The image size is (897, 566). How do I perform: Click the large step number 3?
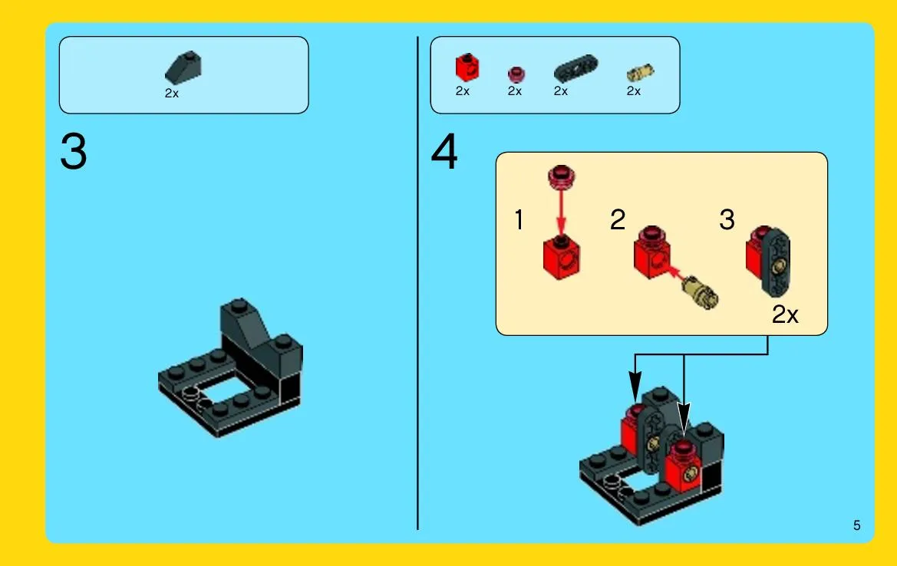pyautogui.click(x=73, y=152)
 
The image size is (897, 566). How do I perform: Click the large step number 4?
pyautogui.click(x=444, y=152)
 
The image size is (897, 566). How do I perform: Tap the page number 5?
pyautogui.click(x=856, y=525)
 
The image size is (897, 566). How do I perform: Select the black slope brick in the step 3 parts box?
pyautogui.click(x=183, y=67)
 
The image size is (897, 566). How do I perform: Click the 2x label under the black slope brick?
pyautogui.click(x=172, y=94)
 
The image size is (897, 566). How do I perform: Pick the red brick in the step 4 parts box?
pyautogui.click(x=467, y=67)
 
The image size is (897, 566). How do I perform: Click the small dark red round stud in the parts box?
pyautogui.click(x=516, y=74)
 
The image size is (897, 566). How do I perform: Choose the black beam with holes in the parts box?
pyautogui.click(x=575, y=68)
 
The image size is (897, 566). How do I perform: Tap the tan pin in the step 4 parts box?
pyautogui.click(x=640, y=73)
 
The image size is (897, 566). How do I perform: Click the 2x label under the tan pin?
pyautogui.click(x=633, y=91)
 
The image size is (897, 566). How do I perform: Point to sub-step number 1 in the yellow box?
pyautogui.click(x=519, y=219)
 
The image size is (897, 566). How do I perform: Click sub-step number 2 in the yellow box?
pyautogui.click(x=618, y=219)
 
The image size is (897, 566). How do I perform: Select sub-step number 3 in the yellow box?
pyautogui.click(x=727, y=219)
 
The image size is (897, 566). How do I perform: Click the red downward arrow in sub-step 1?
pyautogui.click(x=561, y=212)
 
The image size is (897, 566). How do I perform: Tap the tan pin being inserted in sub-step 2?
pyautogui.click(x=701, y=291)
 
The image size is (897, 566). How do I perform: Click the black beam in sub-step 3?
pyautogui.click(x=776, y=262)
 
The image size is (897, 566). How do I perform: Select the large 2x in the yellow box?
pyautogui.click(x=785, y=314)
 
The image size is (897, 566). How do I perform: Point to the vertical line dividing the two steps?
pyautogui.click(x=417, y=283)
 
